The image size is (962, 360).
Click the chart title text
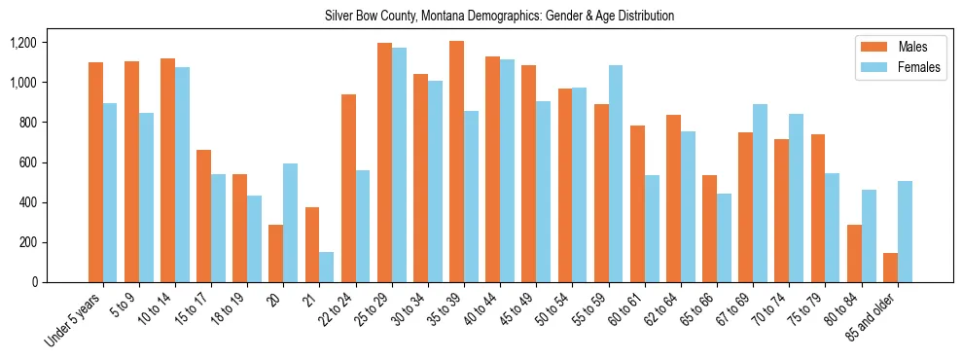pyautogui.click(x=499, y=16)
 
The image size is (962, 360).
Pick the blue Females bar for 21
pyautogui.click(x=326, y=267)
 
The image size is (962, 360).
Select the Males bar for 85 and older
pyautogui.click(x=890, y=268)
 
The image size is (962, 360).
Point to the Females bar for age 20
pyautogui.click(x=290, y=223)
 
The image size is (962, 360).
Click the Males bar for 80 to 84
pyautogui.click(x=854, y=253)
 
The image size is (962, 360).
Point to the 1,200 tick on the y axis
pyautogui.click(x=22, y=43)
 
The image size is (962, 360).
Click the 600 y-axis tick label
pyautogui.click(x=27, y=162)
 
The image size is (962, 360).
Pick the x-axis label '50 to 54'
pyautogui.click(x=552, y=311)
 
